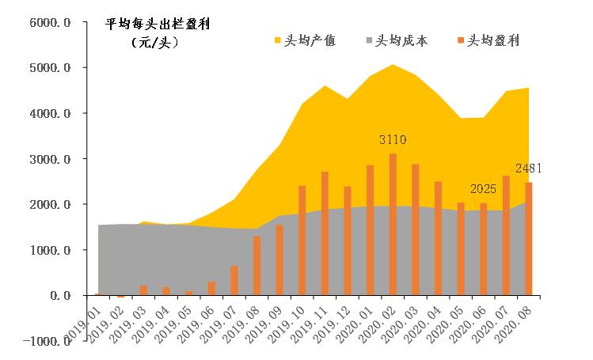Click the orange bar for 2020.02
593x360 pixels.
pos(393,225)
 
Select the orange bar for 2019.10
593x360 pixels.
pos(302,241)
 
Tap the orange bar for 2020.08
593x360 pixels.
pos(529,239)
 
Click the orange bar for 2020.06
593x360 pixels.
pos(484,249)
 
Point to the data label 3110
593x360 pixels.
pos(393,140)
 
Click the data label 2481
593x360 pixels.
pos(529,169)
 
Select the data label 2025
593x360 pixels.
pos(484,189)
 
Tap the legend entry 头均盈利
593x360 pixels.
pos(488,40)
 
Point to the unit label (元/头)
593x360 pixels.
pos(155,41)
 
